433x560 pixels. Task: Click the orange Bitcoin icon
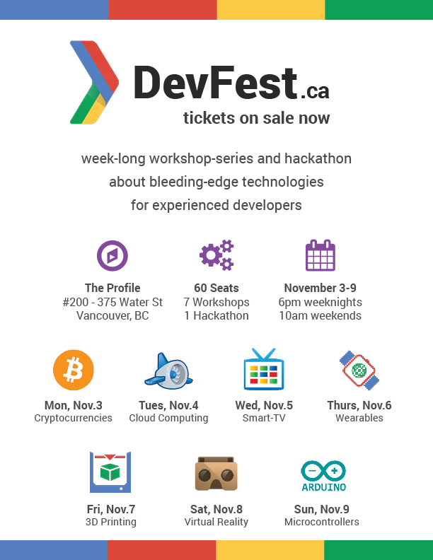click(x=74, y=370)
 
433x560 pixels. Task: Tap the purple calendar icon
click(x=321, y=255)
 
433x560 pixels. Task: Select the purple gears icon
click(x=216, y=255)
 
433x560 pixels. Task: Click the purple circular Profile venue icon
click(x=112, y=256)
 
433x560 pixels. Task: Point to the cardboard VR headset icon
click(x=216, y=473)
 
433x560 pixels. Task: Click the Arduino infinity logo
click(x=323, y=476)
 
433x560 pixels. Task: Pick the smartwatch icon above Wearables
click(x=359, y=371)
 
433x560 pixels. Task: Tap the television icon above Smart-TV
click(x=264, y=369)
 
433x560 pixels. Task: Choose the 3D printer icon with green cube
click(x=110, y=472)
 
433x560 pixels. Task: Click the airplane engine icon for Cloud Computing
click(x=168, y=371)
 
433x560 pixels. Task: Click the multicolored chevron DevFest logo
click(x=94, y=82)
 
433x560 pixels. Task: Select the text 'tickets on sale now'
click(x=257, y=118)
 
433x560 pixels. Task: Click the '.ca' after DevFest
click(x=315, y=91)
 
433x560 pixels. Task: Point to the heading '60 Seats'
click(x=216, y=288)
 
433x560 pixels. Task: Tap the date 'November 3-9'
click(x=320, y=288)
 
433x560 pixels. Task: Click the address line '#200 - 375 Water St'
click(x=112, y=302)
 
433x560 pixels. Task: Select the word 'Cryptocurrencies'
click(x=74, y=418)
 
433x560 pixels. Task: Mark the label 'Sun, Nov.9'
click(x=321, y=509)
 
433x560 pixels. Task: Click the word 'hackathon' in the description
click(x=318, y=158)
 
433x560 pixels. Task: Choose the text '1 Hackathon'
click(x=216, y=316)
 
